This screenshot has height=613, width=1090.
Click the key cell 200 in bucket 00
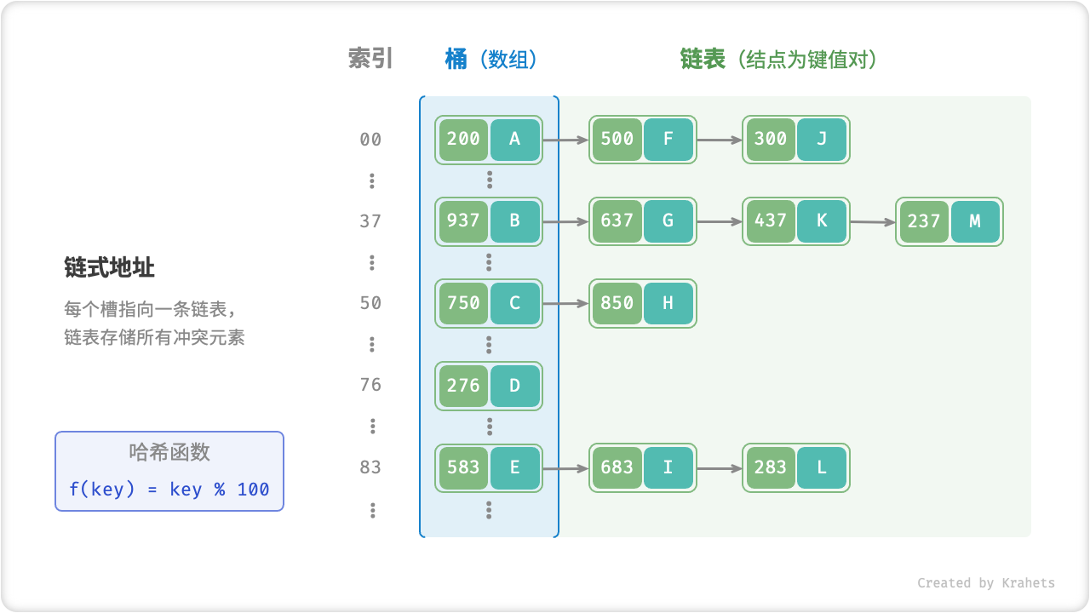(463, 140)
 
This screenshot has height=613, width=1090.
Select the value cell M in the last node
(975, 221)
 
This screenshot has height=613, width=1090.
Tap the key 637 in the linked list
(617, 221)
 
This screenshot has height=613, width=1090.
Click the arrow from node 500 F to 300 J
(720, 140)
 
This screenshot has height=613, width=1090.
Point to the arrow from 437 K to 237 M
(873, 222)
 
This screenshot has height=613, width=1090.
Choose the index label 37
(370, 221)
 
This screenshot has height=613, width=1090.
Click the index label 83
(370, 467)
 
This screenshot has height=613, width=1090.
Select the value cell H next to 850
(668, 303)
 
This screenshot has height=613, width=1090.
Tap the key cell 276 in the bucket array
(463, 385)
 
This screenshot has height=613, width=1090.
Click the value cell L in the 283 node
(822, 467)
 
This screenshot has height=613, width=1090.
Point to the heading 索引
(370, 59)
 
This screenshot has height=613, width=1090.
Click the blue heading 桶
(456, 59)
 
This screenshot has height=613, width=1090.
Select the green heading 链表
(703, 59)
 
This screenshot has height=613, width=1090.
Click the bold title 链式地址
(109, 267)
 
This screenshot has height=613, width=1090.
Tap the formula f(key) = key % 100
(169, 490)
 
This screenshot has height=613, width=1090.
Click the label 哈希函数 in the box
(169, 452)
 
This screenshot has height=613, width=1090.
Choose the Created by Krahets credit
(985, 583)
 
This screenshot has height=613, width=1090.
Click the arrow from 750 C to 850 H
(565, 303)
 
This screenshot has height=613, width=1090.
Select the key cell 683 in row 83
(617, 467)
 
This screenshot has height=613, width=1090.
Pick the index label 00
(370, 140)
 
